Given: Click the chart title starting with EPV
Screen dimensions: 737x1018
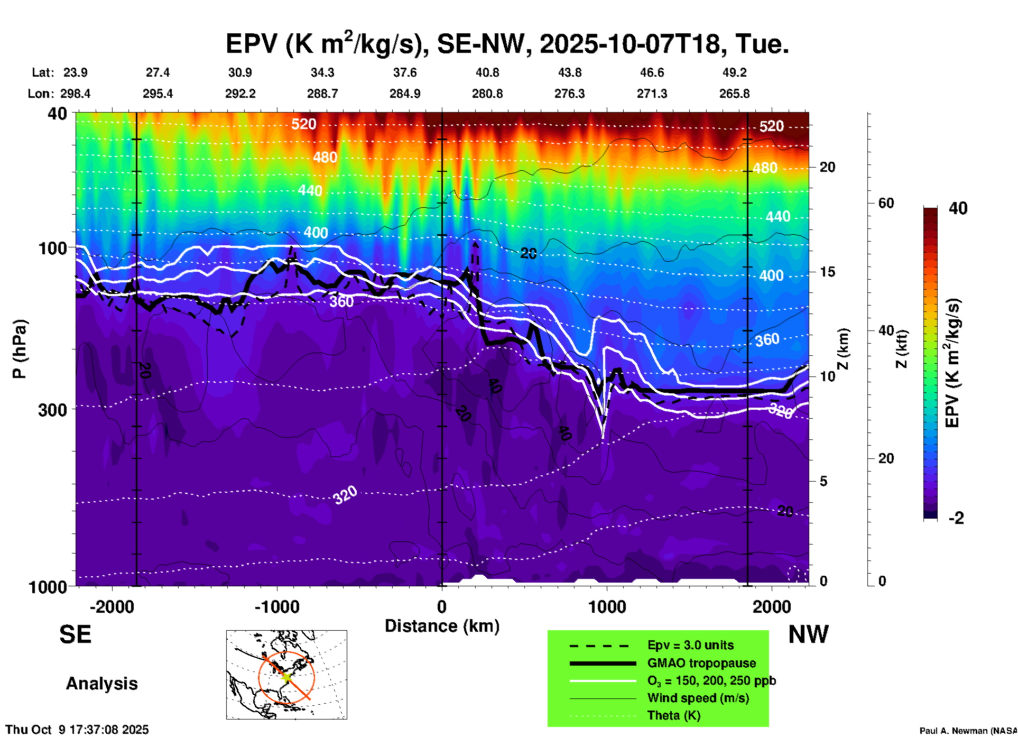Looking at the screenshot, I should coord(507,43).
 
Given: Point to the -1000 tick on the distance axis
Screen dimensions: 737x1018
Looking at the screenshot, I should coord(276,606).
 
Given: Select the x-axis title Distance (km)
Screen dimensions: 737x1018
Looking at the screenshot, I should coord(442,626).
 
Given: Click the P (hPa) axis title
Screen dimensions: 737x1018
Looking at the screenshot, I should coord(20,349).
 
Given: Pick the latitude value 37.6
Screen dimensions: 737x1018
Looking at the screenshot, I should coord(405,72).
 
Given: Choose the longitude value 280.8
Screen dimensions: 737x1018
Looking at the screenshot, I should coord(487,94).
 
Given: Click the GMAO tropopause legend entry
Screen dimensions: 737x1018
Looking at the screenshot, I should coord(701,663).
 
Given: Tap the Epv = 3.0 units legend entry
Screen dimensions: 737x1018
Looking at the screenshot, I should coord(690,646).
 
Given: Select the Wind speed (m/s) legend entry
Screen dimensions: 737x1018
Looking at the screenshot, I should coord(698,698).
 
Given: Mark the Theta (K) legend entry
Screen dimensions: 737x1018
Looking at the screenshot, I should coord(673,715).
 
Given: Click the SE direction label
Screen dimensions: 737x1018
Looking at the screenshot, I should coord(75,634).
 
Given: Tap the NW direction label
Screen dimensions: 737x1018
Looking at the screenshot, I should coord(808,634).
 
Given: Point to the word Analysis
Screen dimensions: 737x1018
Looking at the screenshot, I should coord(101,684).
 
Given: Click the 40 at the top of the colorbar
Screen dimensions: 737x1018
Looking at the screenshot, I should coord(958,208).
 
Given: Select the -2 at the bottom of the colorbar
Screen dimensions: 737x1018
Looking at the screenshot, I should coord(956,518).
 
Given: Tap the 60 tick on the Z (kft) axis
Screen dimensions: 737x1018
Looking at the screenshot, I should coord(886,203).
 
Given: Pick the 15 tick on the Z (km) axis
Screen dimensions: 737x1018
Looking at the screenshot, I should coord(827,272).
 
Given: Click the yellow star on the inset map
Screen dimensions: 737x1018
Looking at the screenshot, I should coord(286,676).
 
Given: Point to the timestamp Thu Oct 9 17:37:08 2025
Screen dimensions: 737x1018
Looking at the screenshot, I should coord(77,730).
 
